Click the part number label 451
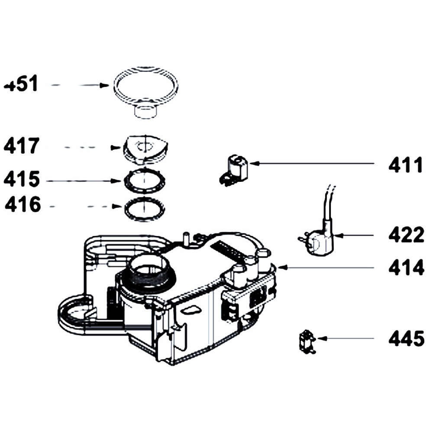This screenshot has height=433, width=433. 21,84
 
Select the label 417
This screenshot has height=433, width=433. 22,146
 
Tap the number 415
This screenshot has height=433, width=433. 22,179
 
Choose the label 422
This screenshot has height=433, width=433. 406,236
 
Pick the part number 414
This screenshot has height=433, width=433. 406,268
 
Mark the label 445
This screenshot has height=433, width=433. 406,339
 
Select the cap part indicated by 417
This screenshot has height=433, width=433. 144,149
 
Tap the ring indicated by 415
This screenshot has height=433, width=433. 144,181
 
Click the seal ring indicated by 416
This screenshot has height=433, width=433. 144,207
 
